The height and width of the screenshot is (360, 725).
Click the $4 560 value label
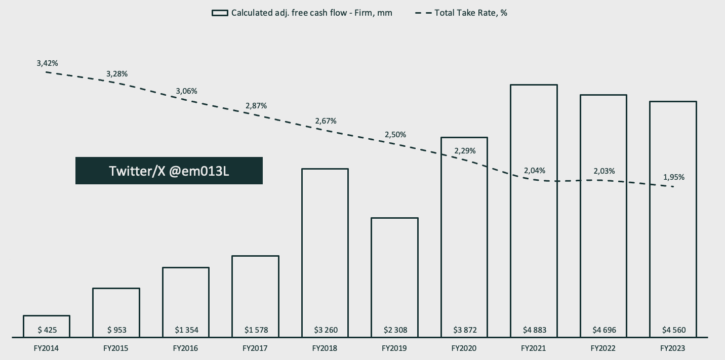click(673, 330)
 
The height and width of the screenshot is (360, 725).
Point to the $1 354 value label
click(186, 330)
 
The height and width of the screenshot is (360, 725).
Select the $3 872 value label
click(464, 330)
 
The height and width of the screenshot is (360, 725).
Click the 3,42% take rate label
click(47, 63)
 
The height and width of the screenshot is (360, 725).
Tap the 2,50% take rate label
click(395, 135)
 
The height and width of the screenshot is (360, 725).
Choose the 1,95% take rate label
click(673, 177)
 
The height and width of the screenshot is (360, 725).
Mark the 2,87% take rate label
click(256, 106)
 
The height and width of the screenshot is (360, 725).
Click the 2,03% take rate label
click(604, 171)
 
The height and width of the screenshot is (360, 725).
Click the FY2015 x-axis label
click(116, 348)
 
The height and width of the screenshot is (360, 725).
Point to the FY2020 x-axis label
click(464, 348)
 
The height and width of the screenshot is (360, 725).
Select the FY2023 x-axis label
click(673, 348)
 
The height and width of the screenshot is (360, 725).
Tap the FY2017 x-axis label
click(255, 348)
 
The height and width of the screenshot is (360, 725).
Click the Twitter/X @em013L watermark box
click(169, 171)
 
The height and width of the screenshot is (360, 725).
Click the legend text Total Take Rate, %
click(471, 13)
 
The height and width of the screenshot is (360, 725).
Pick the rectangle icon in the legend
click(219, 13)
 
